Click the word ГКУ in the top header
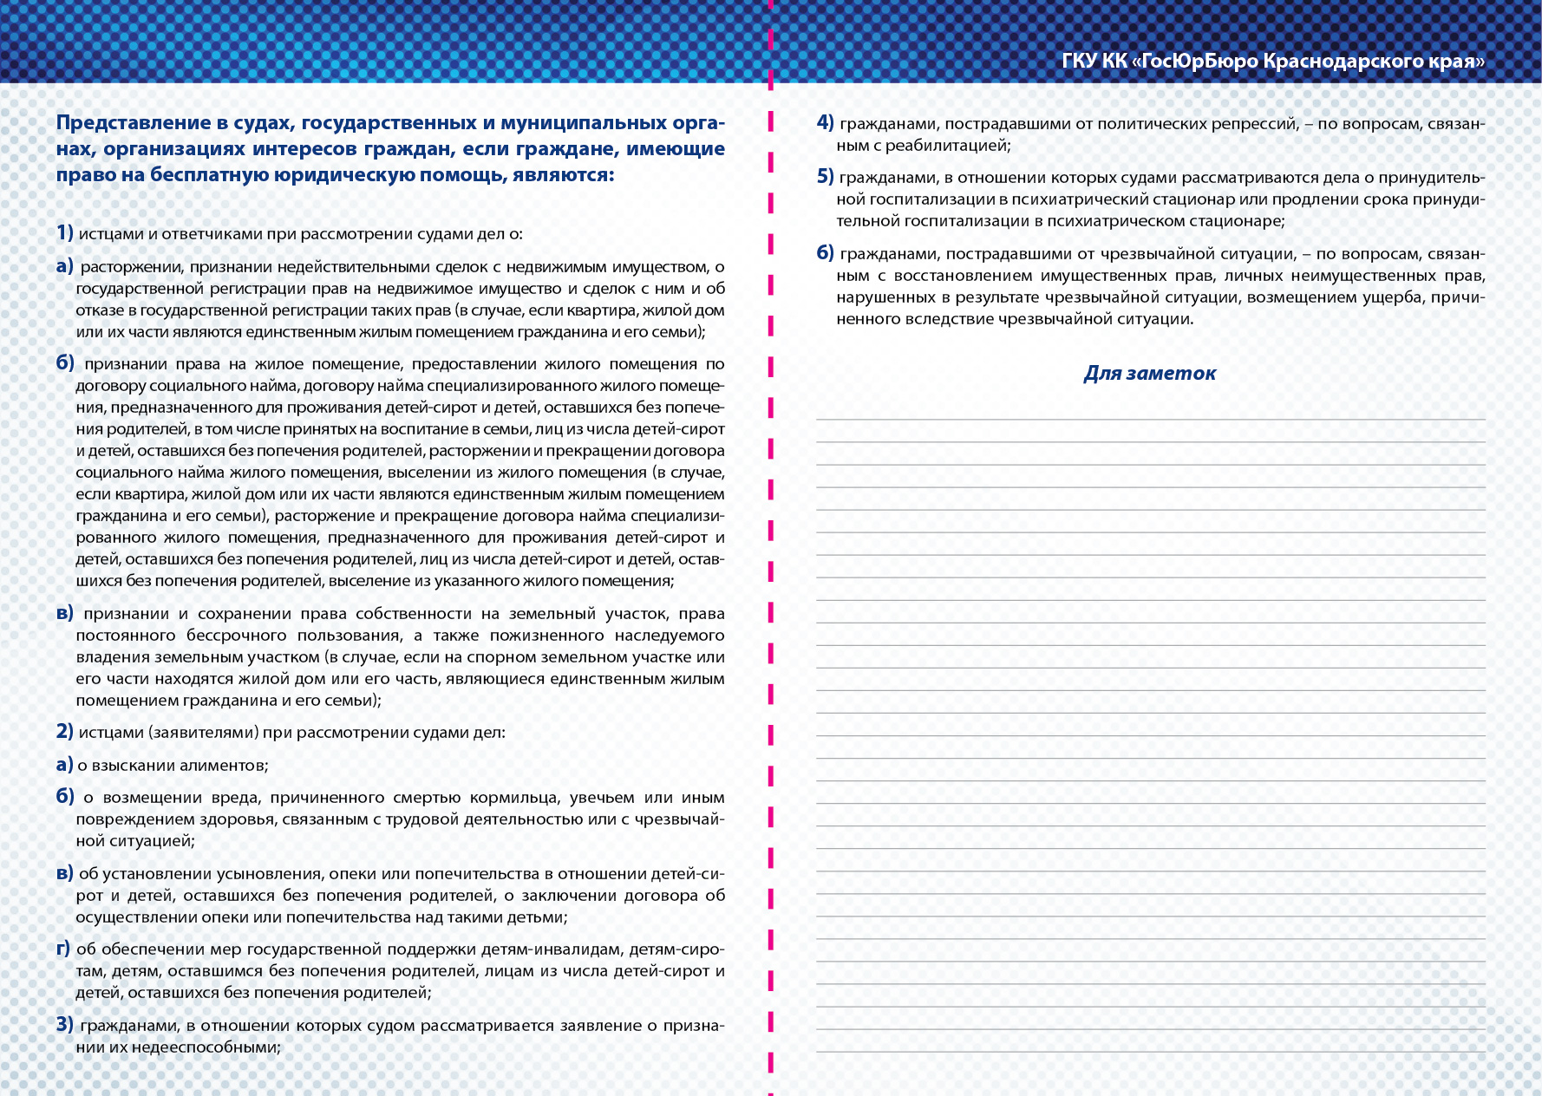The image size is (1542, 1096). (1079, 61)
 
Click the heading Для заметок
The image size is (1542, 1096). (1149, 373)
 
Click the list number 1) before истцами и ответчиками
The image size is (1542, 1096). (65, 232)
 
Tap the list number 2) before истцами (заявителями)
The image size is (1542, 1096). (65, 731)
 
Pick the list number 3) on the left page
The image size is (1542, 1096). (65, 1024)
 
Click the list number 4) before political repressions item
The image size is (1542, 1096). (825, 122)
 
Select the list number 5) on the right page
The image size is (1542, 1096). (825, 177)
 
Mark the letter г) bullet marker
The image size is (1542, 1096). (63, 949)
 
